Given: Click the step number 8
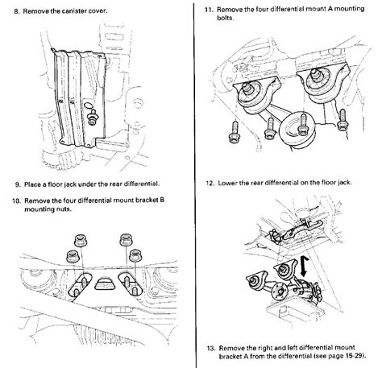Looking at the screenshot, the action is click(x=17, y=11).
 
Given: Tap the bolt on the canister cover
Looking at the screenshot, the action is click(x=93, y=117).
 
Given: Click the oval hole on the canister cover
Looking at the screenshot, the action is click(x=89, y=105).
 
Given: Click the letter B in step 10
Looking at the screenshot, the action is click(x=162, y=201).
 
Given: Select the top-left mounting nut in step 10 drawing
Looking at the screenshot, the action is click(x=81, y=240).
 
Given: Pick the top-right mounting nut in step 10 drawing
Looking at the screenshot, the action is click(x=126, y=239).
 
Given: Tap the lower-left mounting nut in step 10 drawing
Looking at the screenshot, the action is click(x=73, y=256).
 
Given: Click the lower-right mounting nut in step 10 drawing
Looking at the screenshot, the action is click(x=135, y=255).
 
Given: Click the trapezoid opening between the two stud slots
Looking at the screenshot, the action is click(x=105, y=284).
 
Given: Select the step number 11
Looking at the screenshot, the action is click(x=210, y=10).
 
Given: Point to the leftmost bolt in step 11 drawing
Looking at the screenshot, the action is click(x=234, y=132).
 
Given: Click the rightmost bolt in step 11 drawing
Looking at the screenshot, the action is click(x=343, y=120).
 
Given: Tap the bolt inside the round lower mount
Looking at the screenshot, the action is click(x=303, y=125).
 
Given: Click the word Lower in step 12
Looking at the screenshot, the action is click(x=227, y=183).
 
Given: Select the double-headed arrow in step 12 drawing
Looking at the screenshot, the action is click(x=304, y=266).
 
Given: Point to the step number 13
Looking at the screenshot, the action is click(x=211, y=349).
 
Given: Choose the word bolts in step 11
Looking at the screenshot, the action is click(x=225, y=18).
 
